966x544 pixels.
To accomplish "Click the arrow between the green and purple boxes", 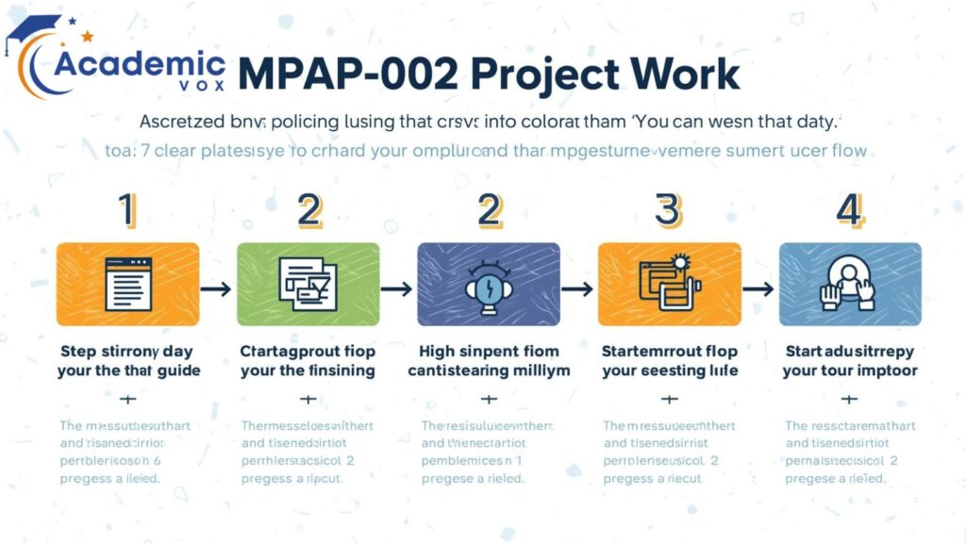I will tap(398, 288).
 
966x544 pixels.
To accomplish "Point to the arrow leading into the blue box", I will tap(758, 288).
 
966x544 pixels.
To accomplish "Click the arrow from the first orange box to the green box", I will tap(217, 288).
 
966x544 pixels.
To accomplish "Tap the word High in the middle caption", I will tap(437, 351).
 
